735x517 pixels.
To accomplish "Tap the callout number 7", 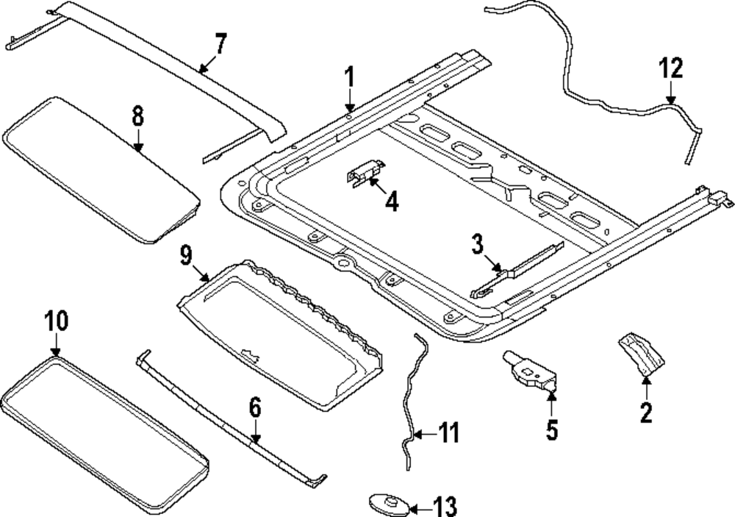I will tap(220, 45).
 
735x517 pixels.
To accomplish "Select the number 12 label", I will tap(670, 69).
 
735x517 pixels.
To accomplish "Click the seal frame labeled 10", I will tap(103, 434).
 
